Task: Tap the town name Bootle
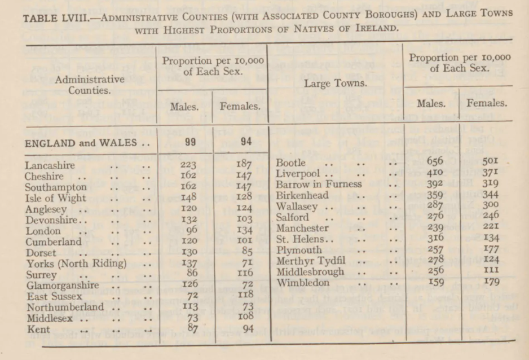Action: (291, 163)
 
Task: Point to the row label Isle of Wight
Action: (56, 198)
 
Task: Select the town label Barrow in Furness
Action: (319, 184)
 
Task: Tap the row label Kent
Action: (38, 330)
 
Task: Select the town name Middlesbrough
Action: (310, 270)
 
